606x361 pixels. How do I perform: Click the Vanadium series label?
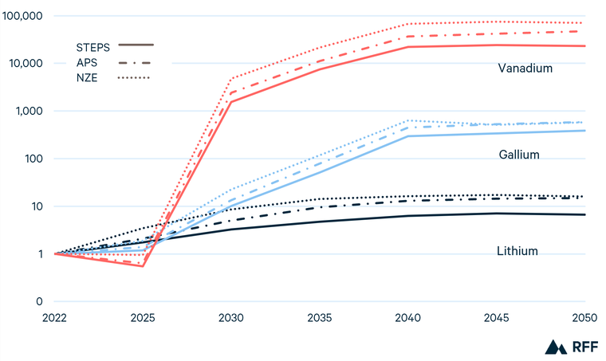point(525,69)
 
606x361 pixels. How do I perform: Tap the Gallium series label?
point(518,155)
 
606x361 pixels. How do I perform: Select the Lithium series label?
point(517,251)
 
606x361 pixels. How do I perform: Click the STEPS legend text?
point(92,47)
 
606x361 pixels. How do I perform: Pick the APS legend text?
point(88,62)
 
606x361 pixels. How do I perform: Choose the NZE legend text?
point(88,77)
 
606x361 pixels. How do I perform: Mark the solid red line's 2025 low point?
point(143,266)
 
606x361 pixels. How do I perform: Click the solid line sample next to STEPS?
point(136,45)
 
